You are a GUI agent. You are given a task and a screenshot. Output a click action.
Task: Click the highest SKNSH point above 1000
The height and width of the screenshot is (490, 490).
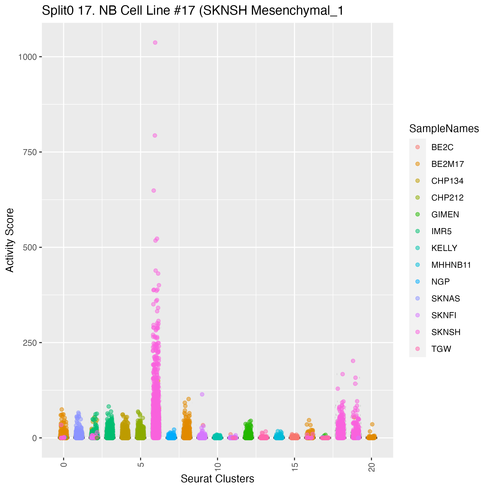point(155,43)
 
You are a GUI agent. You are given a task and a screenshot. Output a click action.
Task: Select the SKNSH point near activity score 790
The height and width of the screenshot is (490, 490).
point(155,135)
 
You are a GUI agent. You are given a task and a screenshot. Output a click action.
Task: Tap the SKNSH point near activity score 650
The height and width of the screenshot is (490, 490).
point(153,190)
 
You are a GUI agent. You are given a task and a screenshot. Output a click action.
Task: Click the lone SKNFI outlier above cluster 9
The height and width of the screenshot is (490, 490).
point(202,394)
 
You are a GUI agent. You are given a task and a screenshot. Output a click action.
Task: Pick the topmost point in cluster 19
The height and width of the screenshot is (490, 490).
point(353,361)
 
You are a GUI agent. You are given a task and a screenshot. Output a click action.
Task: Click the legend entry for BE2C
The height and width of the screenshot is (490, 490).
point(442,147)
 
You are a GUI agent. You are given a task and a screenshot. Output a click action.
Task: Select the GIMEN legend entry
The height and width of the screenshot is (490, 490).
point(445,215)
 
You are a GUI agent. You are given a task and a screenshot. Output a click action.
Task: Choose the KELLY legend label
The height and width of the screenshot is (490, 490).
point(444,248)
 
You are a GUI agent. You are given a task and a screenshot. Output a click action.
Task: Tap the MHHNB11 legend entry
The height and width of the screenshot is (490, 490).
point(451,265)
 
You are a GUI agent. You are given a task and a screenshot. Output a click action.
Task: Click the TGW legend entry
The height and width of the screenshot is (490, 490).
point(441,349)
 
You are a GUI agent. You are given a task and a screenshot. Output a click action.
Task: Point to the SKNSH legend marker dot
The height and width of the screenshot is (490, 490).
point(418,332)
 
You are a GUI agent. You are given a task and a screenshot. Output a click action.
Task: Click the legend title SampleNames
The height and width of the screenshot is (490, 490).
point(444,129)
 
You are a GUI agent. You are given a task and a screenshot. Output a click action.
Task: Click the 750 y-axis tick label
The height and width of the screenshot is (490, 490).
point(30,152)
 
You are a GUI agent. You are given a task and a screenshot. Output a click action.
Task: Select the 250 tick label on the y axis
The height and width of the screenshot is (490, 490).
point(30,343)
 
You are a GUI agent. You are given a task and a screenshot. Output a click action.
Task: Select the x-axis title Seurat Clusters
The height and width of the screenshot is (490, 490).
point(217,479)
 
